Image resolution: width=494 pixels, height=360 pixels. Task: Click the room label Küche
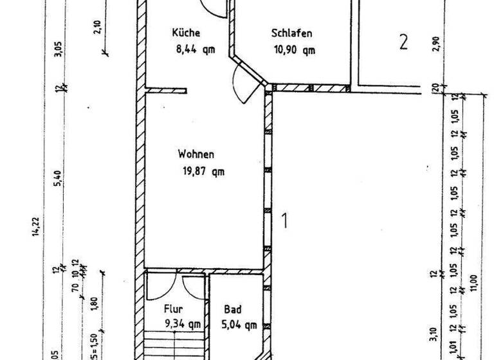(187, 33)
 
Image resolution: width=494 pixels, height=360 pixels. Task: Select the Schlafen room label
(292, 33)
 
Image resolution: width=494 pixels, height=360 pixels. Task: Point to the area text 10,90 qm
(293, 50)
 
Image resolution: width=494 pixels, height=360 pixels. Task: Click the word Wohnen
(196, 154)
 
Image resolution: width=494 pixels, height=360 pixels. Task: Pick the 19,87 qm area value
(204, 171)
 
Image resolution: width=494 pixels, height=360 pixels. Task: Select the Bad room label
(232, 309)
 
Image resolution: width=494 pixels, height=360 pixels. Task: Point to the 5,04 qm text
(239, 324)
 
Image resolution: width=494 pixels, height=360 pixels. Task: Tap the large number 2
(403, 42)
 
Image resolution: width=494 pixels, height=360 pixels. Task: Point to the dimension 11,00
(474, 282)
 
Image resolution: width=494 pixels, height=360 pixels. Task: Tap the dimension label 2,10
(96, 30)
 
